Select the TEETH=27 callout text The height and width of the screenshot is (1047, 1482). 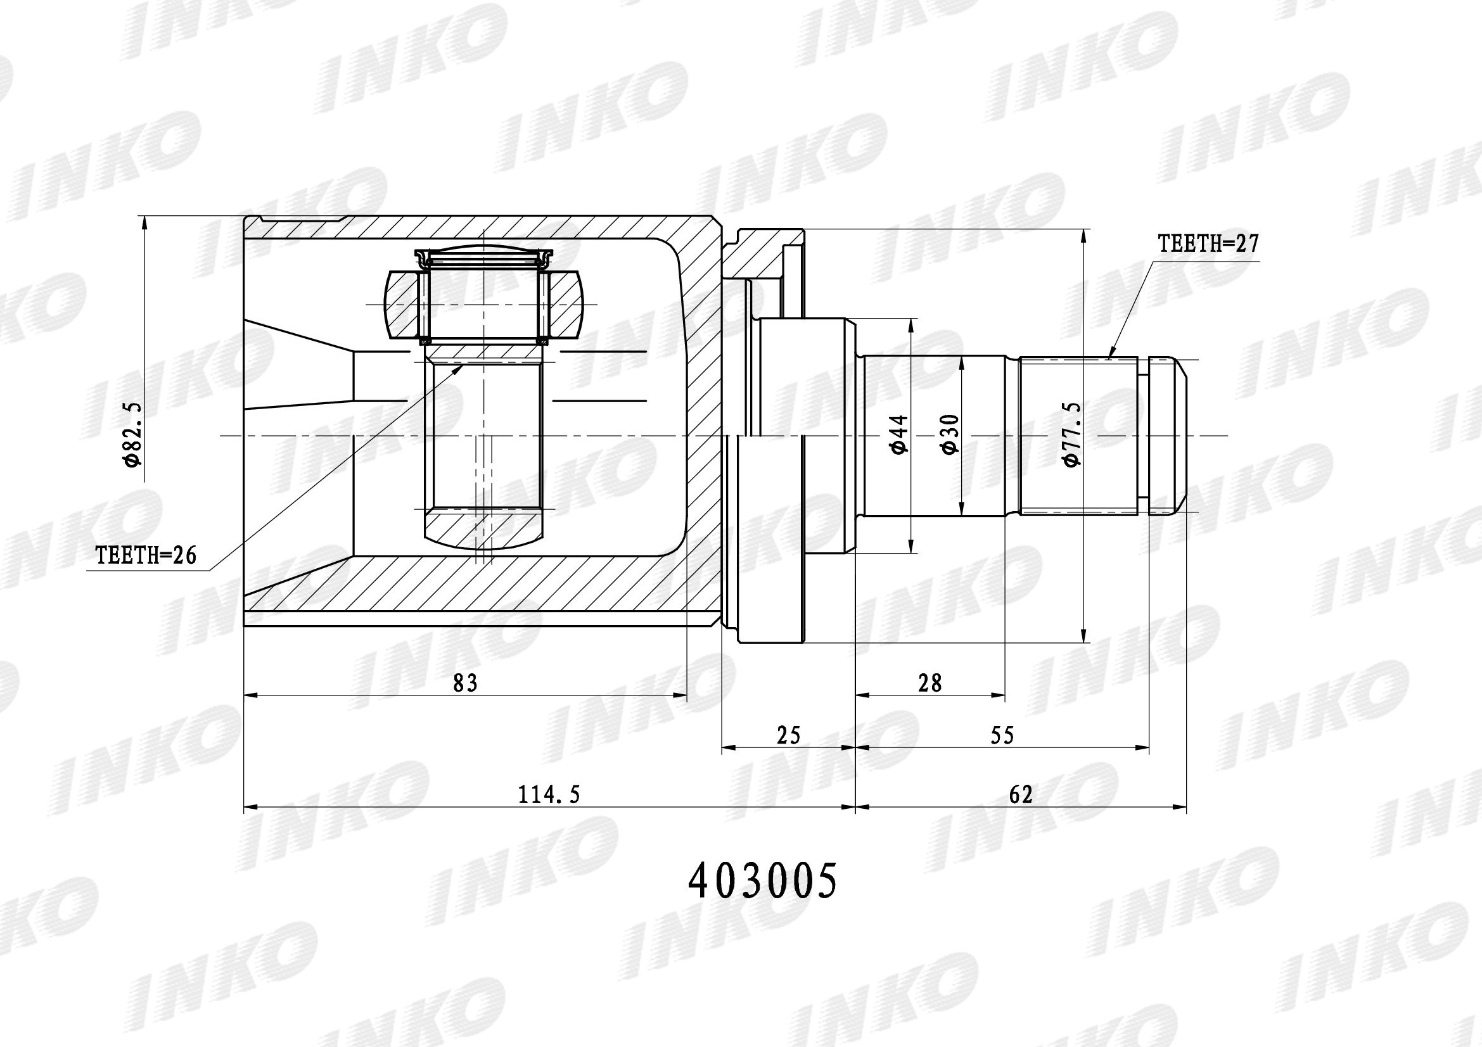[1208, 244]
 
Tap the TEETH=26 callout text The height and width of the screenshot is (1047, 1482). [146, 554]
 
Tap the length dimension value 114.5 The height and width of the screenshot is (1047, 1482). [549, 795]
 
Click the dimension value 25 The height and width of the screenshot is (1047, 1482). [788, 735]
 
